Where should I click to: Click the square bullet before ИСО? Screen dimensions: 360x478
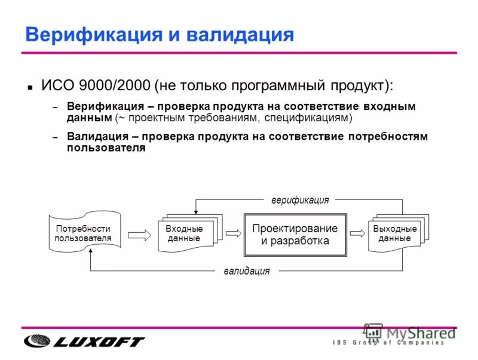click(29, 87)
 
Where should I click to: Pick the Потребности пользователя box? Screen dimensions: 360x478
click(84, 233)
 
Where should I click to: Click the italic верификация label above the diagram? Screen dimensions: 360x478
click(299, 200)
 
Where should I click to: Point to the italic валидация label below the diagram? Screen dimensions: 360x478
click(247, 271)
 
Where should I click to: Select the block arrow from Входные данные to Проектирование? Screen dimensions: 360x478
click(232, 234)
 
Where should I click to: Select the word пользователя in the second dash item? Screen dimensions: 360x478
click(106, 148)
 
